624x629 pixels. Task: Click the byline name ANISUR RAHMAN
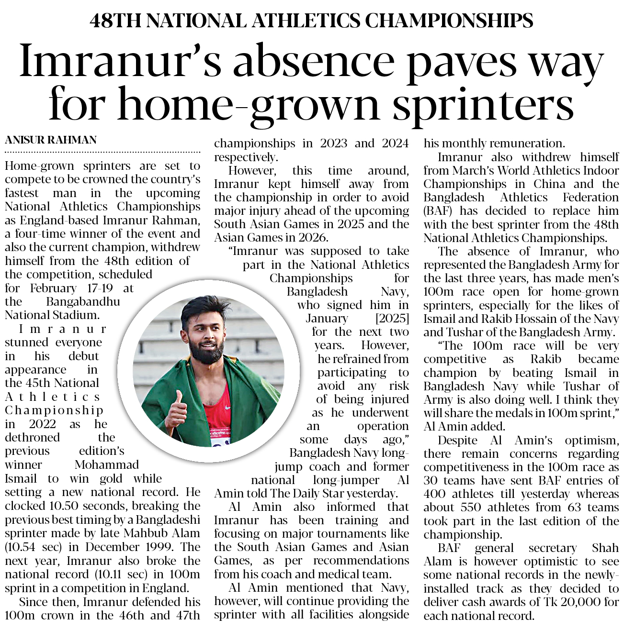pos(51,140)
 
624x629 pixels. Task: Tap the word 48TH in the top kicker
pos(114,21)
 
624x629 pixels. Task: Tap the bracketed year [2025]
pos(392,319)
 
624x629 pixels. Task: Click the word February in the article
pos(53,288)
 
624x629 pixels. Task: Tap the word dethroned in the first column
pos(32,438)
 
